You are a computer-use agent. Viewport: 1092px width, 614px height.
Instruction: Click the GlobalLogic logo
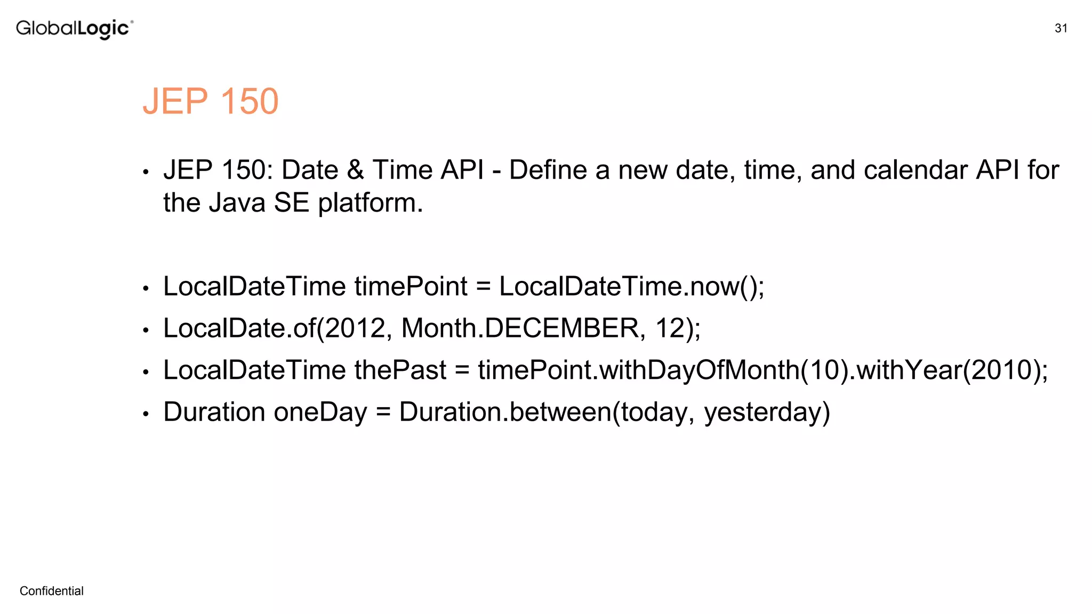[x=74, y=29]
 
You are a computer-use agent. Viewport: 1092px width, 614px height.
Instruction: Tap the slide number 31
[x=1061, y=28]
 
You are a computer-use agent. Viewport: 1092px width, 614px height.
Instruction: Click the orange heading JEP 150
[x=211, y=101]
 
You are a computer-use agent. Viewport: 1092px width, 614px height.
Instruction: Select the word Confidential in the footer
[x=52, y=591]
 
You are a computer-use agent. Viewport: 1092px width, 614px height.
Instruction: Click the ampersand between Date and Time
[x=355, y=171]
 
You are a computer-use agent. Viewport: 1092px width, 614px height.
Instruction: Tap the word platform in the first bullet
[x=370, y=204]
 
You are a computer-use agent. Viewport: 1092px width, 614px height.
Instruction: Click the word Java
[x=237, y=203]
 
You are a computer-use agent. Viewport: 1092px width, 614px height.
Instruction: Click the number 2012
[x=355, y=328]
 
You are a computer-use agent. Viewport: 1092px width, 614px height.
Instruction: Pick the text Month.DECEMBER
[x=520, y=328]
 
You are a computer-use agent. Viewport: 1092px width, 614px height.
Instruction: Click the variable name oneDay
[x=320, y=413]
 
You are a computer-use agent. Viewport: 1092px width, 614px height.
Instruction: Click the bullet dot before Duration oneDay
[x=146, y=414]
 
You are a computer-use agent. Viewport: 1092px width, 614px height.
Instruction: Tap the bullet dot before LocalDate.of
[x=146, y=330]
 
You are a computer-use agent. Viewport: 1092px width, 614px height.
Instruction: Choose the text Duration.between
[x=505, y=413]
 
